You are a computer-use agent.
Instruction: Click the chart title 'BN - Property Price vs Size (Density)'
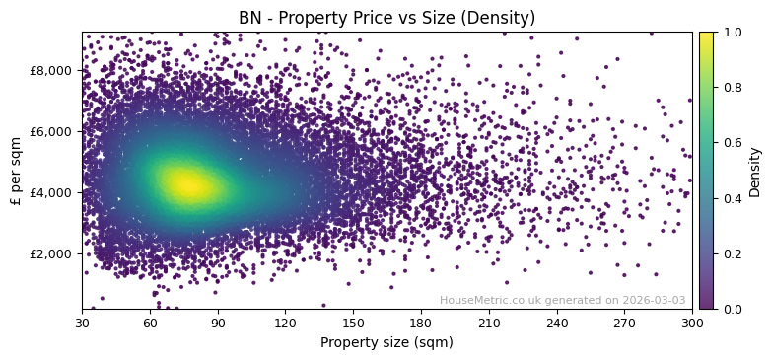[x=386, y=18]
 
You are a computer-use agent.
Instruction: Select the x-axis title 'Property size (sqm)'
[x=386, y=343]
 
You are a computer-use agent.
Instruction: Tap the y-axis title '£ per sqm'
[x=16, y=171]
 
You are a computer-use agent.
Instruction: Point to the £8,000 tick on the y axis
[x=51, y=70]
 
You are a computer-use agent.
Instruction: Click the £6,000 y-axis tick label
[x=51, y=131]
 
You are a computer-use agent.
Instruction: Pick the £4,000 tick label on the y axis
[x=51, y=192]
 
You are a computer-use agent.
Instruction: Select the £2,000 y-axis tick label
[x=51, y=253]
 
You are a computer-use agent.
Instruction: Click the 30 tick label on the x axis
[x=82, y=323]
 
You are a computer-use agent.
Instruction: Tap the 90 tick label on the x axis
[x=218, y=323]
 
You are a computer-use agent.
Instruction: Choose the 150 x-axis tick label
[x=353, y=323]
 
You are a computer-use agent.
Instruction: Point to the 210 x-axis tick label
[x=489, y=323]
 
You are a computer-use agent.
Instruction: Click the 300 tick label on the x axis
[x=692, y=323]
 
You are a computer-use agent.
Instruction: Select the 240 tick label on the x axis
[x=557, y=323]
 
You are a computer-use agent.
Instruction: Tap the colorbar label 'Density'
[x=755, y=171]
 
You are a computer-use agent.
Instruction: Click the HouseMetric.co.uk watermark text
[x=563, y=301]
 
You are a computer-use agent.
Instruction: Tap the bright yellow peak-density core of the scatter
[x=187, y=184]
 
